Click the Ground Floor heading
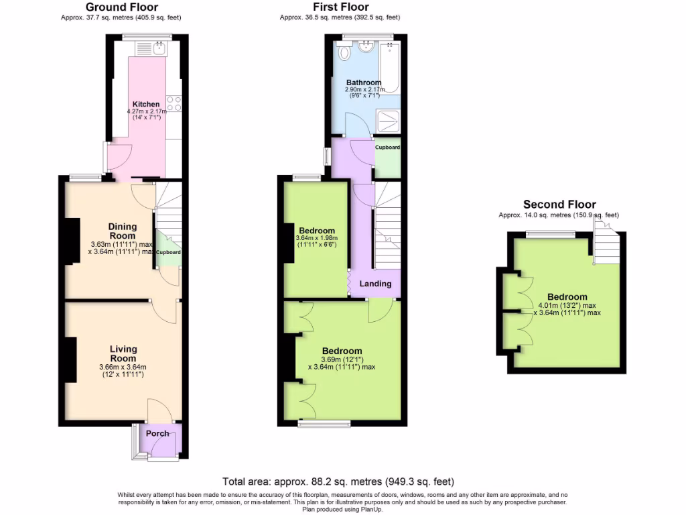click(x=121, y=7)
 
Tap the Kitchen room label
click(x=146, y=104)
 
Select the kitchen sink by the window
click(x=159, y=48)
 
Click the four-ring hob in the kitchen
click(x=174, y=103)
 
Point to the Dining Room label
click(x=123, y=231)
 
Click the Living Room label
click(x=123, y=353)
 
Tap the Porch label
click(x=158, y=433)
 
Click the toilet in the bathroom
click(x=344, y=52)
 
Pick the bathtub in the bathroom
click(x=389, y=67)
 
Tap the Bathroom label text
click(x=364, y=82)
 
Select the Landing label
click(x=375, y=284)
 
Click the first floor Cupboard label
click(x=387, y=148)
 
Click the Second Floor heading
click(x=559, y=205)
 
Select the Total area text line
click(x=338, y=481)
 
